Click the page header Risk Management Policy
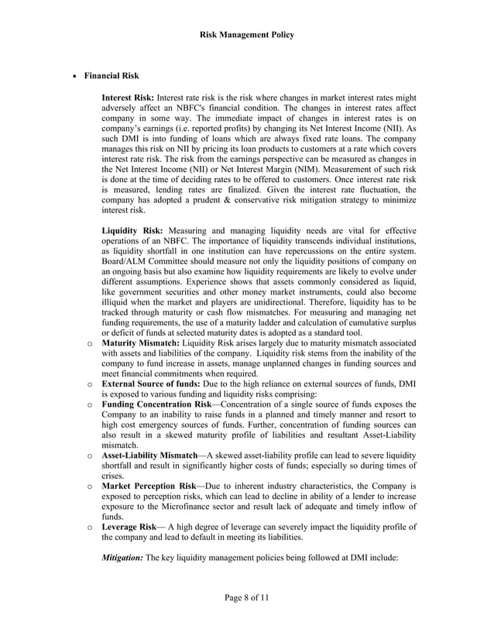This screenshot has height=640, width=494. (x=247, y=35)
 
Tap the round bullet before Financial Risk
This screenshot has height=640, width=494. (x=74, y=77)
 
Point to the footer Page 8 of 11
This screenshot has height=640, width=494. (x=247, y=597)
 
